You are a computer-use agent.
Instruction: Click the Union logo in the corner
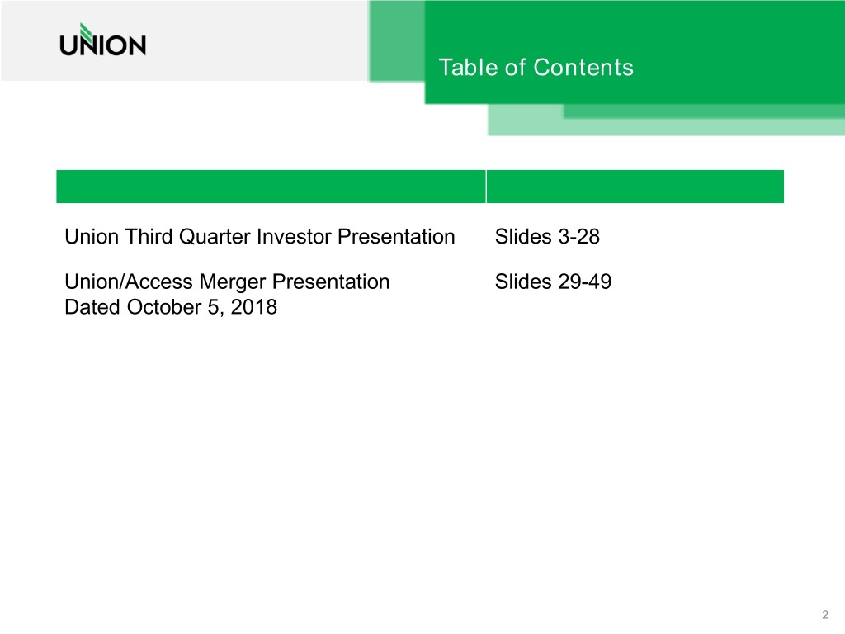[x=102, y=40]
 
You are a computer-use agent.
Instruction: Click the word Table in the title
[x=459, y=67]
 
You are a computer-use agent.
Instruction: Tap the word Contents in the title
[x=583, y=67]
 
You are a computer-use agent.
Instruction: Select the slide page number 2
[x=825, y=613]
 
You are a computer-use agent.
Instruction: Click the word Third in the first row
[x=144, y=237]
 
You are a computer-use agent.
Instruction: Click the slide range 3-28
[x=578, y=237]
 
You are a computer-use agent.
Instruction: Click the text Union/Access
[x=129, y=282]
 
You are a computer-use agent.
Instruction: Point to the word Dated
[x=92, y=308]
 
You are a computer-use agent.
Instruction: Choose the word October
[x=163, y=308]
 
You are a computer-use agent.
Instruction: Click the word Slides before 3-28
[x=522, y=237]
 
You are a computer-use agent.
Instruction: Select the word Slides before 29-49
[x=522, y=282]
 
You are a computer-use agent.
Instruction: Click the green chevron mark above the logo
[x=75, y=27]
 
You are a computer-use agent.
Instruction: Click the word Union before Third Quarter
[x=90, y=237]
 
